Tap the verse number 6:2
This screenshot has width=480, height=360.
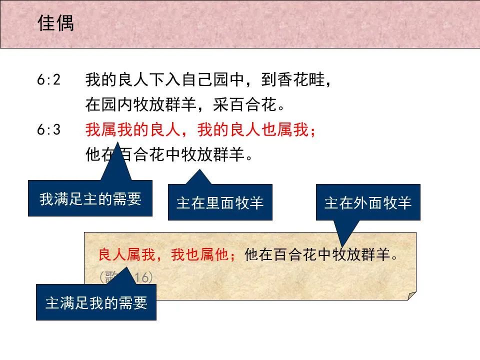click(48, 80)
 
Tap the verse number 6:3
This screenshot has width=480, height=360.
click(48, 130)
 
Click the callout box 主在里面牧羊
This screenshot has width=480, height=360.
click(220, 202)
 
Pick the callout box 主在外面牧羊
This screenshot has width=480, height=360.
click(368, 202)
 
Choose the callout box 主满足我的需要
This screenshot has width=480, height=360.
click(96, 302)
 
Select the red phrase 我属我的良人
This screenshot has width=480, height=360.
click(131, 130)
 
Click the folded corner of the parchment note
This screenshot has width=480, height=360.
click(411, 295)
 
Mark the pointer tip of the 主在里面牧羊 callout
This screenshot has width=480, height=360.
click(199, 170)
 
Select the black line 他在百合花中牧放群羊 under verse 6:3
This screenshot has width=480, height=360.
click(169, 155)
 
